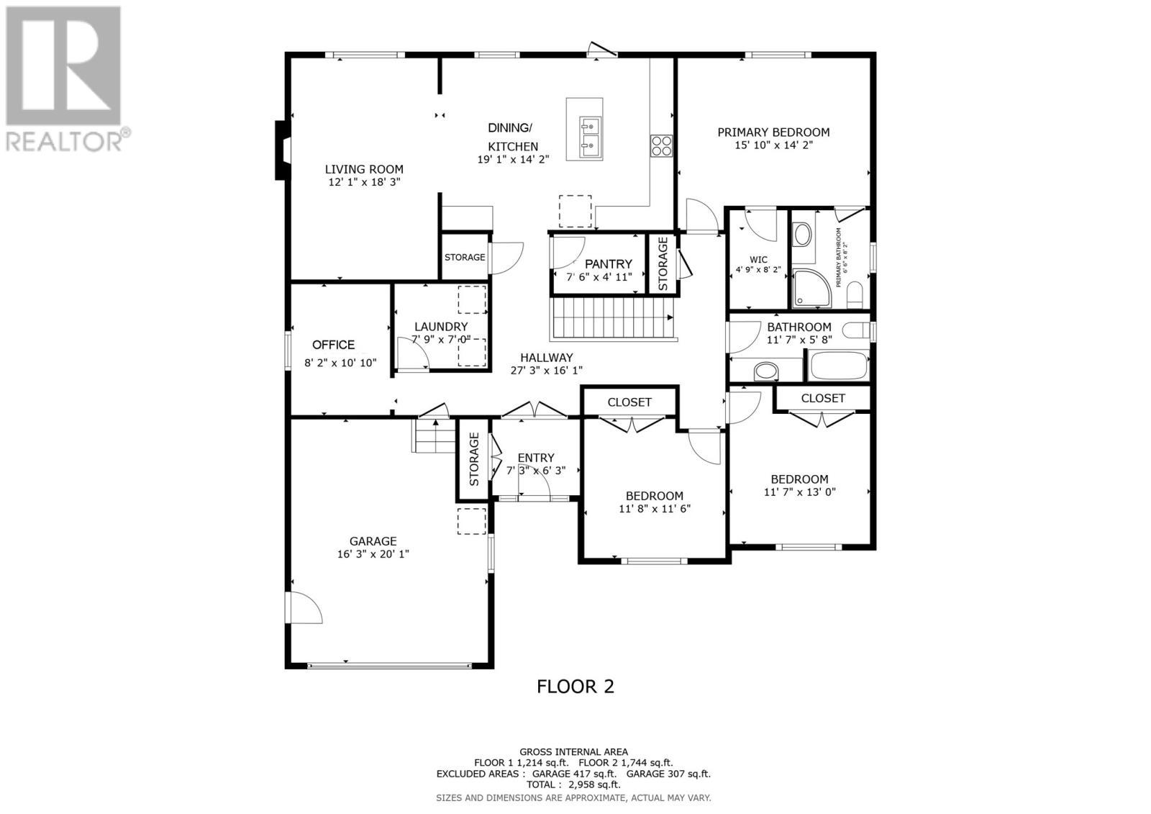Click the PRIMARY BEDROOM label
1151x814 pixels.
tap(773, 132)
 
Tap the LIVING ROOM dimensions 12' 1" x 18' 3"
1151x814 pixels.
tap(364, 183)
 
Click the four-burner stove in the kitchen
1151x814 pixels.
tap(661, 146)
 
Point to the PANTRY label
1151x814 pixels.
tap(608, 264)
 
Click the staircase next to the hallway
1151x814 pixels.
tap(611, 319)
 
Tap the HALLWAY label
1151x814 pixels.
tap(547, 358)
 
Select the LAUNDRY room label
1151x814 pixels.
tap(441, 327)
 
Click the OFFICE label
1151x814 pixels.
tap(333, 345)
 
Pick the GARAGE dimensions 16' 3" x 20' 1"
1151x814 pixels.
tap(373, 554)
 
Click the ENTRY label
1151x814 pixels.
tap(536, 458)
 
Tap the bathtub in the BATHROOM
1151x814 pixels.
tap(839, 366)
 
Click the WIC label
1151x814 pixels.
tap(758, 260)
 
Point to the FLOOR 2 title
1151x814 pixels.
tap(575, 687)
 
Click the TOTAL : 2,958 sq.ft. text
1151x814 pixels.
tap(573, 784)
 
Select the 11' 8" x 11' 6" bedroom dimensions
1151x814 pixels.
tap(654, 509)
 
